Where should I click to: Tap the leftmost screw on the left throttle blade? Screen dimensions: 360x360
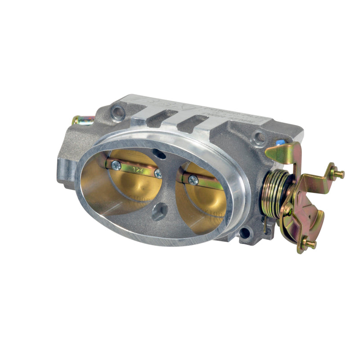pos(116,165)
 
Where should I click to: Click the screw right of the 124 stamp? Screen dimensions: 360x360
pos(157,173)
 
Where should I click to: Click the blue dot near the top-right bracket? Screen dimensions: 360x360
pos(281,142)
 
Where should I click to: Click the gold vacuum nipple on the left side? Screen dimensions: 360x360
pos(81,120)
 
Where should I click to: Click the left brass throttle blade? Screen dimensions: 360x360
pos(130,184)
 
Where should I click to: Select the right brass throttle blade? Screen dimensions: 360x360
pos(205,198)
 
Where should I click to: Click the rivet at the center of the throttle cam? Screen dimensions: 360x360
pos(288,209)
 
